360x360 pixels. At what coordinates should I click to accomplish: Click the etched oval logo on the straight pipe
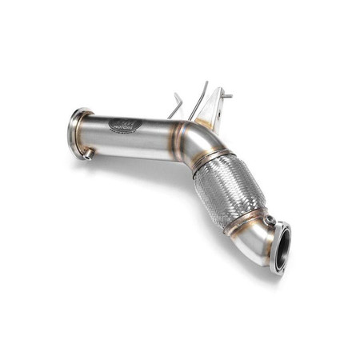(126, 125)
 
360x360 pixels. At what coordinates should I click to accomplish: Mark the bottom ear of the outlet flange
(277, 269)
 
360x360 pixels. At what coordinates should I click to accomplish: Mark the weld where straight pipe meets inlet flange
(90, 132)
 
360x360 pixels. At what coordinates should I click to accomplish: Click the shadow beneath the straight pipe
(136, 164)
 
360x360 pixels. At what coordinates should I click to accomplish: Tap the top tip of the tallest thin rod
(206, 82)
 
